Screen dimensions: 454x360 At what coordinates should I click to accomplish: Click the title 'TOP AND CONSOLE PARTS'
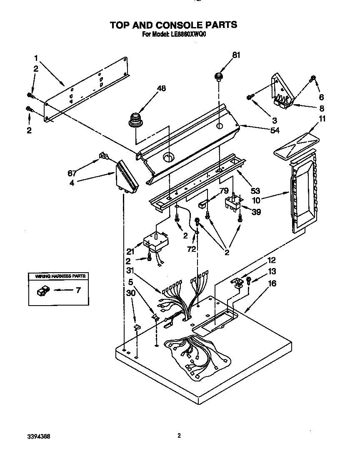pyautogui.click(x=173, y=25)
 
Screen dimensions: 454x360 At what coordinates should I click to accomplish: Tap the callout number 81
pyautogui.click(x=236, y=55)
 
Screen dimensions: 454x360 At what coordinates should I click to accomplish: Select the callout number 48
pyautogui.click(x=161, y=88)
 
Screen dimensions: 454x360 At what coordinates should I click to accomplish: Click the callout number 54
pyautogui.click(x=274, y=130)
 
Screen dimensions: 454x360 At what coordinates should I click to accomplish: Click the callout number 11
pyautogui.click(x=322, y=119)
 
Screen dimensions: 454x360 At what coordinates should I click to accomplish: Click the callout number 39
pyautogui.click(x=257, y=212)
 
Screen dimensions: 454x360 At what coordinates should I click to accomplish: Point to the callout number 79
pyautogui.click(x=224, y=191)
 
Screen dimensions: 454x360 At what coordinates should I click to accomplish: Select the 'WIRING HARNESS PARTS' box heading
pyautogui.click(x=58, y=276)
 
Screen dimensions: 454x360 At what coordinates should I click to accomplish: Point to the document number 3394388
pyautogui.click(x=40, y=436)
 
